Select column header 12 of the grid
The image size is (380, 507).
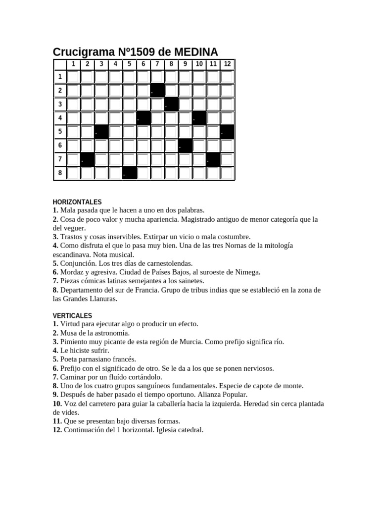[227, 64]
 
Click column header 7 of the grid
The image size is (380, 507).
[157, 64]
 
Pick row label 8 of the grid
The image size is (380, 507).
[60, 174]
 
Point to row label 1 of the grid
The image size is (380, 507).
[60, 77]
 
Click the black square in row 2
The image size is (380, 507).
[157, 91]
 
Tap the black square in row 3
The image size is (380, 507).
[171, 104]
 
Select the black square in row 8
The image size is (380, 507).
[130, 174]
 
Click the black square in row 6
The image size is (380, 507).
[185, 146]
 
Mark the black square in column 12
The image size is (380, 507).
[227, 132]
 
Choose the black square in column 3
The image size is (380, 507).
[101, 132]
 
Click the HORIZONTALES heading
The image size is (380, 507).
[77, 202]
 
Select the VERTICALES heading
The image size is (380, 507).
[72, 315]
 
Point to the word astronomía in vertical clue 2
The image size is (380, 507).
[111, 333]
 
